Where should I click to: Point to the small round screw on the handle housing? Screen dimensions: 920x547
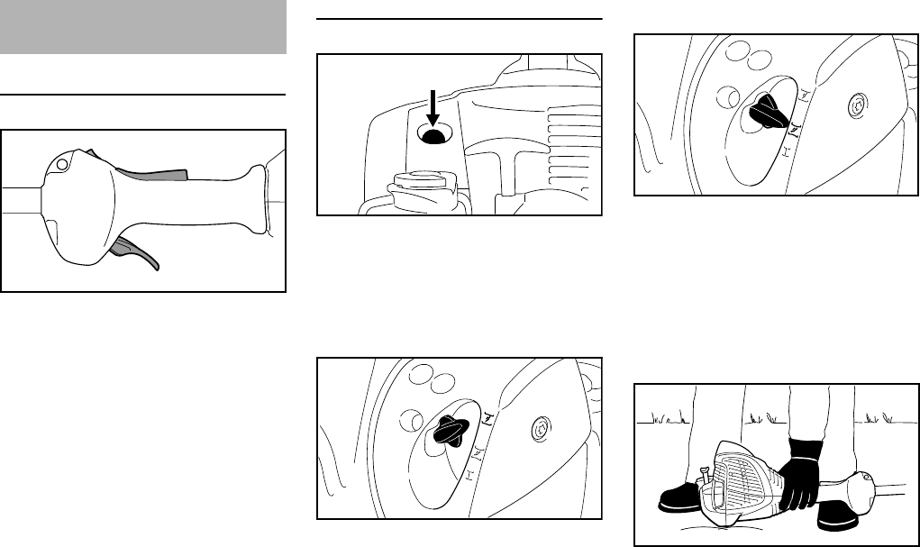63,165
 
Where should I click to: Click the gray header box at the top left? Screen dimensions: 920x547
143,27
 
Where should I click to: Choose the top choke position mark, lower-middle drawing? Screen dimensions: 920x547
487,416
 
